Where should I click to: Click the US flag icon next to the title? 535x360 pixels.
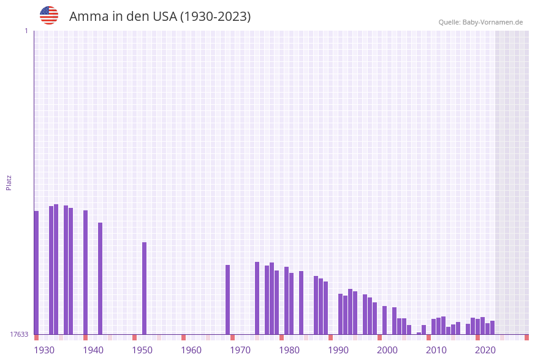point(49,15)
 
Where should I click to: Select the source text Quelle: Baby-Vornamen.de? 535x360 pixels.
point(480,22)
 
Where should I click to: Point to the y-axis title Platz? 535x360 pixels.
point(9,182)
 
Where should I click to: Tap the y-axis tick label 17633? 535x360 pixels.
point(19,334)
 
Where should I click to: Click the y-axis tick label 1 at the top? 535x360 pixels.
point(26,31)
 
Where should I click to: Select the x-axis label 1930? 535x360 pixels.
point(44,350)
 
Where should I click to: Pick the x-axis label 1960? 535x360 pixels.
point(191,350)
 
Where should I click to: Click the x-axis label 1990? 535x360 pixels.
point(338,350)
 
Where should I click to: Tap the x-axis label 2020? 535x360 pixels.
point(485,350)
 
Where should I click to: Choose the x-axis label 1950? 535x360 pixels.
point(142,350)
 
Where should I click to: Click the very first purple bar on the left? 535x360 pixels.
point(36,272)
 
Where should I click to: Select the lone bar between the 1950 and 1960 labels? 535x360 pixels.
point(144,288)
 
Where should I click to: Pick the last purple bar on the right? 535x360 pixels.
point(492,327)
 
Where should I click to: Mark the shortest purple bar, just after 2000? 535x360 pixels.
point(419,333)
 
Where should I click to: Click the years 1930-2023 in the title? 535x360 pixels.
point(215,17)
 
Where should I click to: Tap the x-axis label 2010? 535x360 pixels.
point(436,350)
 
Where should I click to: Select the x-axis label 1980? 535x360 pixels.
point(289,350)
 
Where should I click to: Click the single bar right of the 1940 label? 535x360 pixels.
point(100,278)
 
